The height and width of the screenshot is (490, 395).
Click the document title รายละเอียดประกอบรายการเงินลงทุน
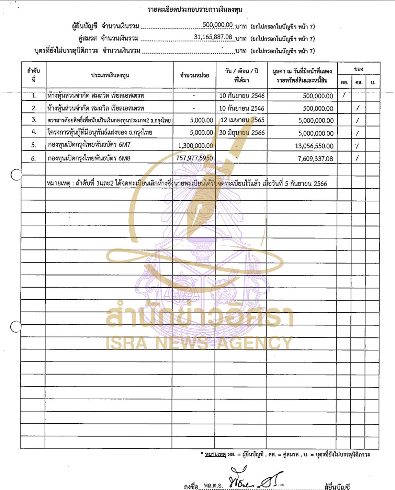point(195,10)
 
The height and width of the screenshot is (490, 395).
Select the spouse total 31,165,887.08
point(213,37)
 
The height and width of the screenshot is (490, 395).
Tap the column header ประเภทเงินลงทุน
point(110,75)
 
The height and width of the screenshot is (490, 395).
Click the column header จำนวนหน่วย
point(194,75)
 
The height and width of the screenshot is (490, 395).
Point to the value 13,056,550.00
point(314,146)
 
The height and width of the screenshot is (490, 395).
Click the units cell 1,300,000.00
point(195,146)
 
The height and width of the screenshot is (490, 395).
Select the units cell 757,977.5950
point(194,158)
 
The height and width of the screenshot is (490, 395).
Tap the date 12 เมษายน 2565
point(242,120)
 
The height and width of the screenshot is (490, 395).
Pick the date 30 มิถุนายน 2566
point(242,133)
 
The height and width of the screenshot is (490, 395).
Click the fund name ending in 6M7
point(89,145)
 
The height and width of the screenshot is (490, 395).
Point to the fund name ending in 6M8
point(89,158)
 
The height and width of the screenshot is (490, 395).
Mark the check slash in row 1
point(344,95)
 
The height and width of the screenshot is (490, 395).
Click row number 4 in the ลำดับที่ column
point(34,132)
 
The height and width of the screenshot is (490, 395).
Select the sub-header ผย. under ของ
point(345,82)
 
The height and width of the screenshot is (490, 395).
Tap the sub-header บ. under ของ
point(373,82)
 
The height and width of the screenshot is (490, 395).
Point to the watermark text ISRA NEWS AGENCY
point(199,343)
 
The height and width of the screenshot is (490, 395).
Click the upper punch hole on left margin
point(16,175)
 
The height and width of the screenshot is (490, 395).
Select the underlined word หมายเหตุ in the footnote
point(215,455)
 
